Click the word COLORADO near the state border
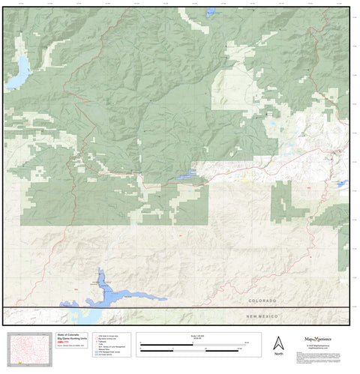(265, 301)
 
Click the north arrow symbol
(278, 342)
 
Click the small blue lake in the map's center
(187, 175)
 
